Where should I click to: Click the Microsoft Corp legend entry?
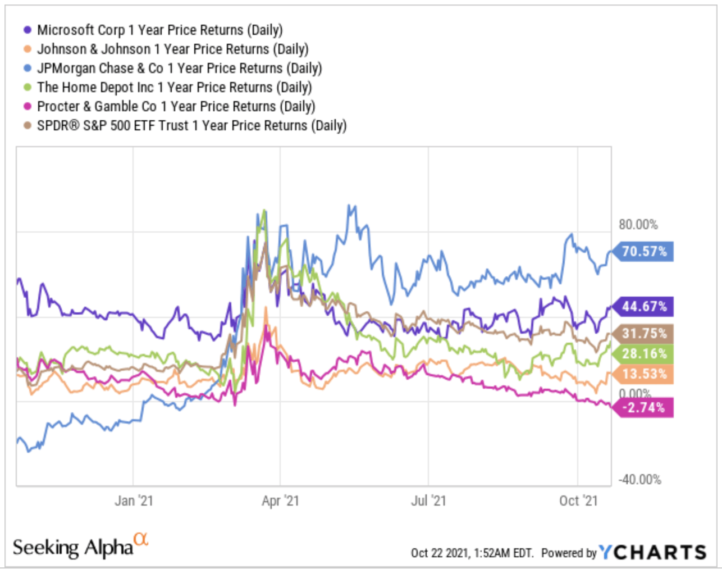tap(159, 30)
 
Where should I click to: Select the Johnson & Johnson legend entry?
tap(172, 49)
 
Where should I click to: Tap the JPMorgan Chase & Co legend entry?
tap(179, 68)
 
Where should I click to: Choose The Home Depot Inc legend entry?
tap(174, 87)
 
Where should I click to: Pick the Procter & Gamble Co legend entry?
tap(176, 106)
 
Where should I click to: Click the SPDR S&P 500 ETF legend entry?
tap(191, 125)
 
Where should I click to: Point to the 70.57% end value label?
tap(644, 251)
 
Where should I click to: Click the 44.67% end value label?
tap(644, 307)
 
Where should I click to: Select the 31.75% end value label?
tap(644, 334)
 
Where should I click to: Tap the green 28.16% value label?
tap(644, 354)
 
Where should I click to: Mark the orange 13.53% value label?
tap(644, 374)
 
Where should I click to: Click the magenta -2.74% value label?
tap(644, 408)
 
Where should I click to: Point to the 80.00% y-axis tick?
tap(638, 225)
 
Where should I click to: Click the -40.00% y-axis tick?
tap(639, 480)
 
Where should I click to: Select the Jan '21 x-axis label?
tap(134, 501)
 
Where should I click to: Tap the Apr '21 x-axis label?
tap(280, 501)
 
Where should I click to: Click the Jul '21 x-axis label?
tap(428, 501)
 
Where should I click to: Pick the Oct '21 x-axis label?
tap(578, 501)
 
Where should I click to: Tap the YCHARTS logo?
tap(652, 553)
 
